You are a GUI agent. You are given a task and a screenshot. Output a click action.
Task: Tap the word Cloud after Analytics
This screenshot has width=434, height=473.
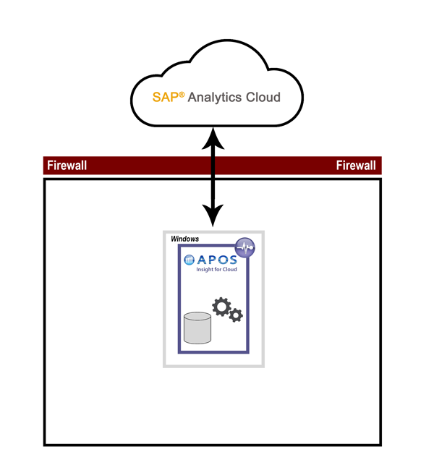click(263, 97)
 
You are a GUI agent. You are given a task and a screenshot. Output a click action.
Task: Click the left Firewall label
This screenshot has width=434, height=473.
click(67, 166)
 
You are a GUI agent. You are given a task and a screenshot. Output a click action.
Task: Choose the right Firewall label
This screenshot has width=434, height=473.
click(356, 166)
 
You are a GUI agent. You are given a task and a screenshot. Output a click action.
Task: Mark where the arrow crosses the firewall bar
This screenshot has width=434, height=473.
click(213, 166)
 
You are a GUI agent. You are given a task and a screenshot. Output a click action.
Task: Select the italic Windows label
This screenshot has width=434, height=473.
click(185, 238)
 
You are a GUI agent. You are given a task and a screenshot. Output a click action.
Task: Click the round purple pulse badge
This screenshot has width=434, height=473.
click(246, 247)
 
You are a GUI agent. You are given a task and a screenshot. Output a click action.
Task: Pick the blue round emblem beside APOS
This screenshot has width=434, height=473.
click(189, 260)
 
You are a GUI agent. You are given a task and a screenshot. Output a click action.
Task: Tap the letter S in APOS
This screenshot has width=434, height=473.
click(231, 260)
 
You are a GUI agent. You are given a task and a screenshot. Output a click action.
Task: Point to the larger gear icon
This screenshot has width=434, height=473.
click(221, 306)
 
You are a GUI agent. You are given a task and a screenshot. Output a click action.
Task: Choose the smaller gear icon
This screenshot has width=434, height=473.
click(236, 315)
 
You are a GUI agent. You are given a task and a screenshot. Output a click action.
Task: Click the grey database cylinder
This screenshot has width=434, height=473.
click(197, 328)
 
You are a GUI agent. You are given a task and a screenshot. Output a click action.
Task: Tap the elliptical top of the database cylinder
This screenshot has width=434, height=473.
click(197, 316)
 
